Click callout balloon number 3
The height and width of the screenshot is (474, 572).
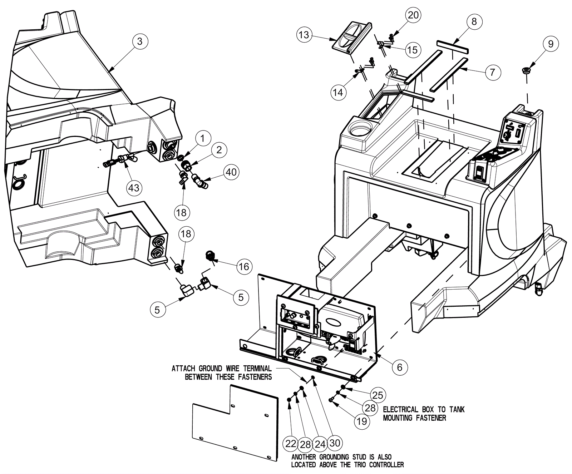pos(140,41)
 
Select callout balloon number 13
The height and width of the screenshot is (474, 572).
pos(304,35)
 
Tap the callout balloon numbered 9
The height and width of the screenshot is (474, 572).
pos(551,44)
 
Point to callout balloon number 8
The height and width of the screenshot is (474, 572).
pos(474,21)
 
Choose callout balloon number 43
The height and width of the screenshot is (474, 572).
pos(134,188)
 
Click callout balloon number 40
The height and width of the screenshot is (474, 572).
pos(231,172)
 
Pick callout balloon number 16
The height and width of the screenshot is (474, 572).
pos(244,267)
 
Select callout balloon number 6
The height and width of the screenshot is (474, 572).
pos(400,367)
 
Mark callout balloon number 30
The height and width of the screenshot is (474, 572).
pos(335,443)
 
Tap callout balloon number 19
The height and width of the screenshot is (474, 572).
pos(362,421)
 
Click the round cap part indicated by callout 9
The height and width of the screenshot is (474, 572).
pos(527,70)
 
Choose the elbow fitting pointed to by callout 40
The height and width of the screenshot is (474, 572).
pos(200,181)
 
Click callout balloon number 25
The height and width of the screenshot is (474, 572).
pos(378,395)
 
